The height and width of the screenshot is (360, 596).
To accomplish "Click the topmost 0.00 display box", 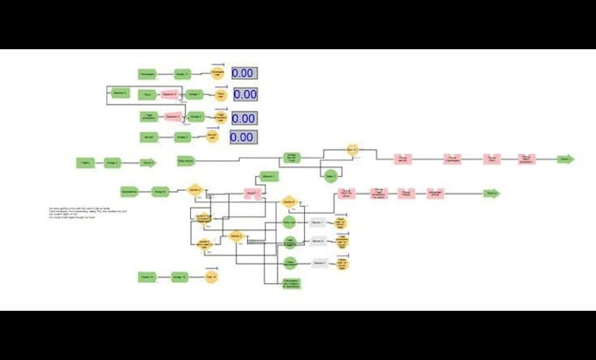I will (x=244, y=74).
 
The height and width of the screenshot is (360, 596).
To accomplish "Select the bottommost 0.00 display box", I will (x=242, y=138).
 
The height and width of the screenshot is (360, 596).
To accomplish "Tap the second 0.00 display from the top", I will (x=245, y=95).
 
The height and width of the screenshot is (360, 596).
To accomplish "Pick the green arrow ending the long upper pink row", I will (x=566, y=159).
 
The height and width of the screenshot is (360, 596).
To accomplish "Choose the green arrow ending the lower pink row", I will (x=492, y=193).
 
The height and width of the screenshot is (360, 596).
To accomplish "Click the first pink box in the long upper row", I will (x=402, y=159).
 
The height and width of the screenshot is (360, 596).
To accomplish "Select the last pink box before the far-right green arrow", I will (x=526, y=159).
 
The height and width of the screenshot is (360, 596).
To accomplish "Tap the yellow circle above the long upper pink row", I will (x=352, y=150).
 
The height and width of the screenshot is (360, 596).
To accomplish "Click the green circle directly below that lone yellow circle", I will (x=330, y=176).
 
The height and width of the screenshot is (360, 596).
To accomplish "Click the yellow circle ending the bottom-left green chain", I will (x=210, y=277).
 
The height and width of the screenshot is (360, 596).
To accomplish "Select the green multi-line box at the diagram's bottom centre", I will (x=292, y=283).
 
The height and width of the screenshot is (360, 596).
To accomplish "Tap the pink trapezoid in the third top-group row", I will (x=172, y=116).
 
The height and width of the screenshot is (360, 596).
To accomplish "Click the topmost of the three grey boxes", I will (x=318, y=222).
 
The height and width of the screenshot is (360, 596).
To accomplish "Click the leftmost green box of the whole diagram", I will (x=85, y=162).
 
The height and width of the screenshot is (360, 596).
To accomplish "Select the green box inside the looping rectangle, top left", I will (x=120, y=93).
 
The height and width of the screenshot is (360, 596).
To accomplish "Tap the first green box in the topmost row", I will (x=148, y=74).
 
